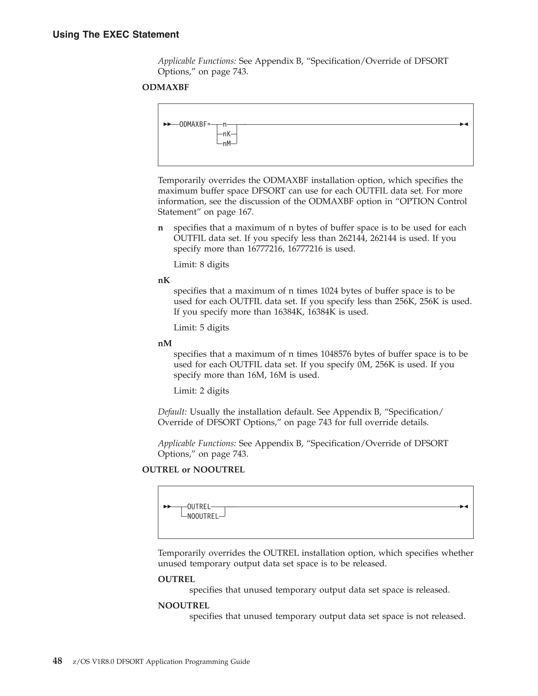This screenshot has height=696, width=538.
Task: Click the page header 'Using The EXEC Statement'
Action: [x=116, y=34]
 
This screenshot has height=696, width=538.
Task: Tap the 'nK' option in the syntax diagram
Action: [x=227, y=134]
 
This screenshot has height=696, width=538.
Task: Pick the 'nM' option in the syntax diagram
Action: [x=227, y=144]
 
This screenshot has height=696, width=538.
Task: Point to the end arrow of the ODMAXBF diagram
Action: [x=464, y=124]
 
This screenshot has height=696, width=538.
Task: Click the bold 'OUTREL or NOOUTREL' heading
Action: [x=193, y=470]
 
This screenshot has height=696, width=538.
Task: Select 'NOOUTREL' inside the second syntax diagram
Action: [x=203, y=517]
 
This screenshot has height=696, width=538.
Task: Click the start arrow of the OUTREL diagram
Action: [x=167, y=507]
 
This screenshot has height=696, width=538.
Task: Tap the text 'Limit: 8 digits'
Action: [x=201, y=264]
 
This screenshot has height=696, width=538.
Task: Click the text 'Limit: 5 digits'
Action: [x=201, y=328]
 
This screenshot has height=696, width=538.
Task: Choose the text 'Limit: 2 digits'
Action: [x=201, y=391]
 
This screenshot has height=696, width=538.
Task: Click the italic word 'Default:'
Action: [x=172, y=412]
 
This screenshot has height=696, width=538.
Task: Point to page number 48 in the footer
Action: [x=57, y=661]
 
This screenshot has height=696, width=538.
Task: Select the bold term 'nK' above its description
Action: [x=164, y=281]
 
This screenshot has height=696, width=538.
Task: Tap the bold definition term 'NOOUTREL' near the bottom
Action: [x=184, y=605]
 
